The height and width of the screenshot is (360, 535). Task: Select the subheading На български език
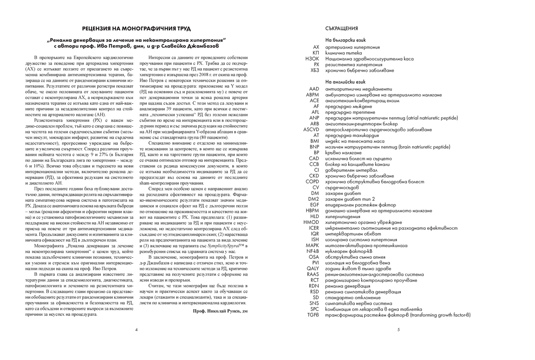(345, 40)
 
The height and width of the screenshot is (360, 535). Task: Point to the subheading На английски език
(345, 82)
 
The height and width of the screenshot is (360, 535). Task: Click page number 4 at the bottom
(136, 330)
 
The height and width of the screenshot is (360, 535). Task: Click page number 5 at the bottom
(398, 330)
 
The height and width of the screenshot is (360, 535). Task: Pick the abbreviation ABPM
(312, 95)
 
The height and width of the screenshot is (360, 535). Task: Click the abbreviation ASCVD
(311, 130)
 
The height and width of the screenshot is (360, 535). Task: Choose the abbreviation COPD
(312, 182)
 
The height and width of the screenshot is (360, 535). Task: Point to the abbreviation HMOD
(311, 222)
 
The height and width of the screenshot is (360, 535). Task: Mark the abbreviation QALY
(313, 269)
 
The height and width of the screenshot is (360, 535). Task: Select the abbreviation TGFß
(313, 314)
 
